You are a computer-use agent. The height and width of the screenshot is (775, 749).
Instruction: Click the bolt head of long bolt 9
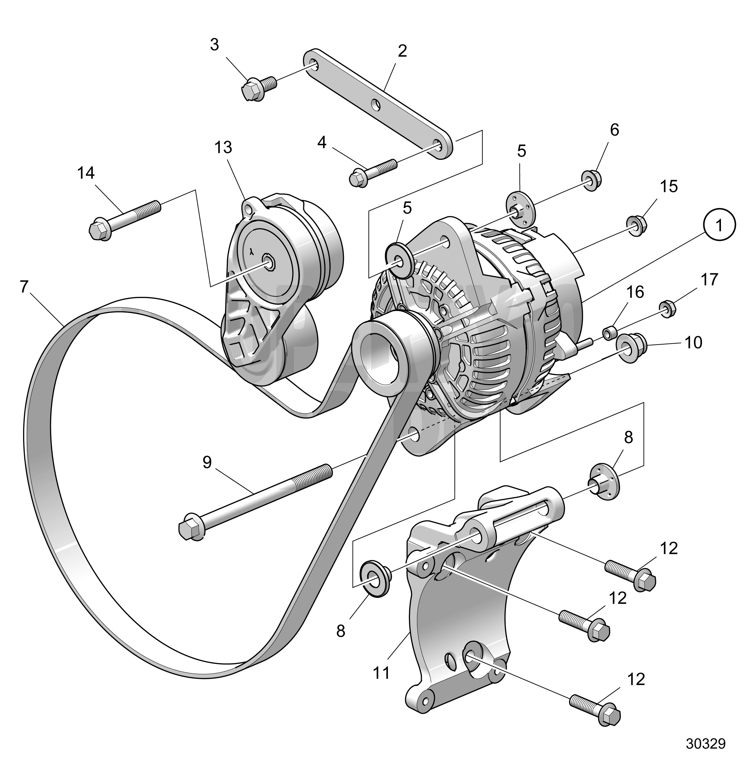pyautogui.click(x=191, y=529)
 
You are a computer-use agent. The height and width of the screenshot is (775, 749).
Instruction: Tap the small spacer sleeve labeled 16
pyautogui.click(x=610, y=332)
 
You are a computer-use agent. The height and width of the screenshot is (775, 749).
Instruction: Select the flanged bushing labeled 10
pyautogui.click(x=630, y=347)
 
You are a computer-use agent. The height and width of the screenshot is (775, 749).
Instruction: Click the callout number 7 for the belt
pyautogui.click(x=24, y=287)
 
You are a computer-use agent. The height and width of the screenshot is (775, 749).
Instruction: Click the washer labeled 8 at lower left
pyautogui.click(x=374, y=578)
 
